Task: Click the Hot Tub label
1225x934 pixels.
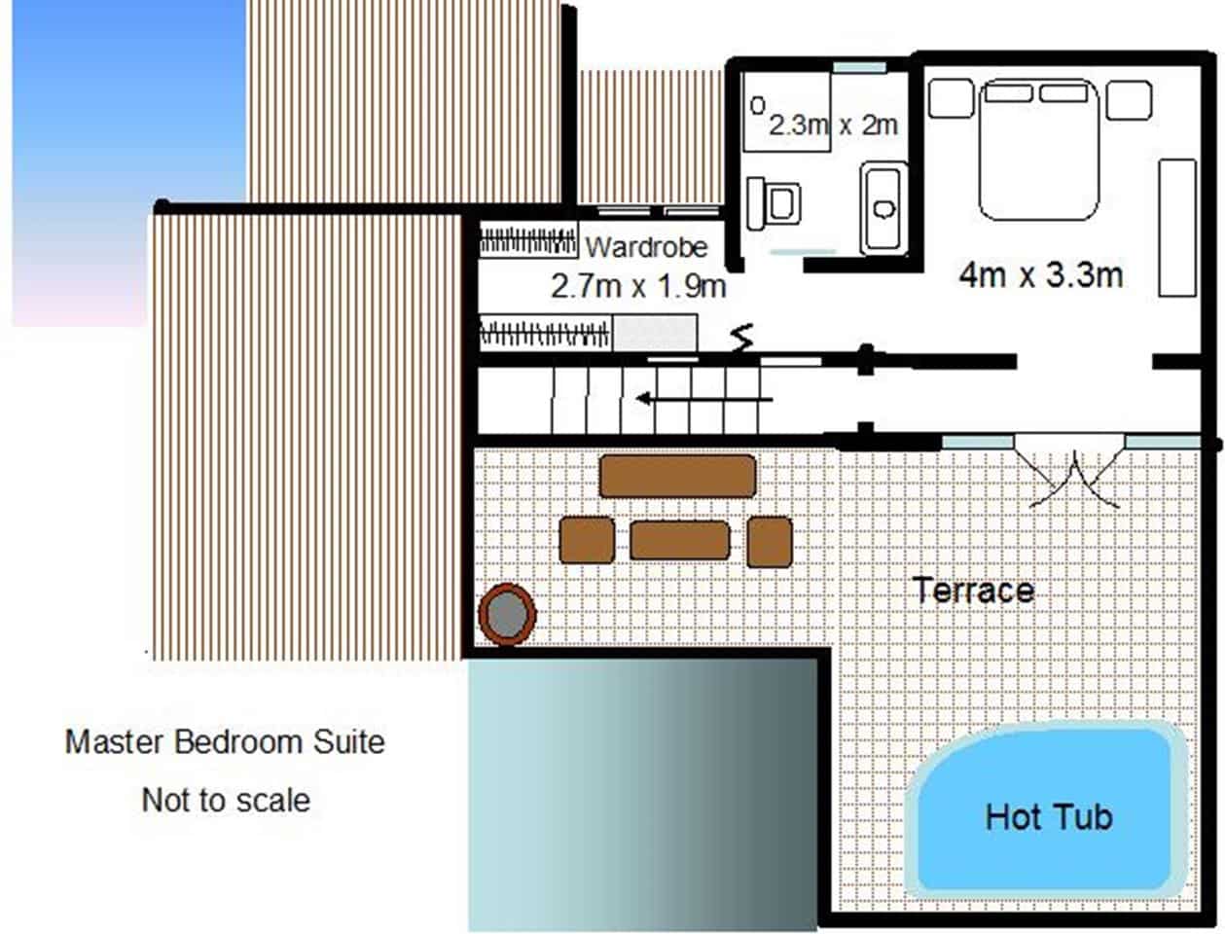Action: tap(1048, 815)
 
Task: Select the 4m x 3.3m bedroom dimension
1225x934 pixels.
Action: tap(1040, 274)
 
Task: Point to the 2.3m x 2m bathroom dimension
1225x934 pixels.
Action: tap(833, 125)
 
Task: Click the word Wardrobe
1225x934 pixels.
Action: tap(646, 247)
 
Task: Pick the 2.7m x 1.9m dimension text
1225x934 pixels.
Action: tap(637, 286)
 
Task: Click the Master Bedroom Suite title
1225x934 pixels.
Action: tap(225, 742)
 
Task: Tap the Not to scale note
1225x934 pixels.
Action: tap(226, 801)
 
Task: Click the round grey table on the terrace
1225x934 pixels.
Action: tap(507, 614)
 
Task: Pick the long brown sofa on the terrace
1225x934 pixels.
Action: tap(677, 476)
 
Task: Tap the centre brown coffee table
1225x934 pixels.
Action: tap(679, 540)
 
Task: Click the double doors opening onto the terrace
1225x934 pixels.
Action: tap(1069, 477)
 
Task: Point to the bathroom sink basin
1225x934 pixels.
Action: tap(883, 208)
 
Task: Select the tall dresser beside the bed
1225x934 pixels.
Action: tap(1176, 227)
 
